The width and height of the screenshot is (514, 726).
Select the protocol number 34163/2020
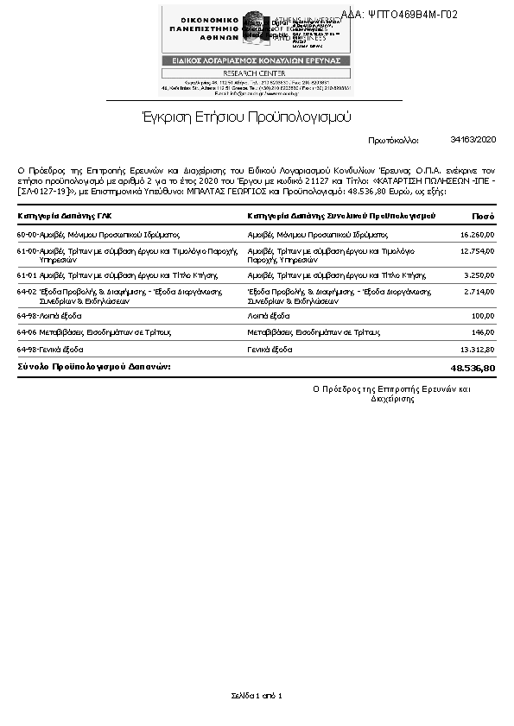473,139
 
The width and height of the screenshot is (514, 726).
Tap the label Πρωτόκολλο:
393,139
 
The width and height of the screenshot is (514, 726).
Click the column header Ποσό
483,215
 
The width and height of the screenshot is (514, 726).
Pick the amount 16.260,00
478,234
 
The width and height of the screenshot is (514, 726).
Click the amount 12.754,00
478,250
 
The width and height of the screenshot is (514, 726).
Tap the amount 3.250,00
479,275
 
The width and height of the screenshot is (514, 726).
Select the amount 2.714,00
479,293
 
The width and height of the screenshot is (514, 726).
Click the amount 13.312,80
478,349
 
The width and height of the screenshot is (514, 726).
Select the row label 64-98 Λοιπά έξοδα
50,316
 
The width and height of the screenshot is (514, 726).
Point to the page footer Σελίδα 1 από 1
257,695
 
